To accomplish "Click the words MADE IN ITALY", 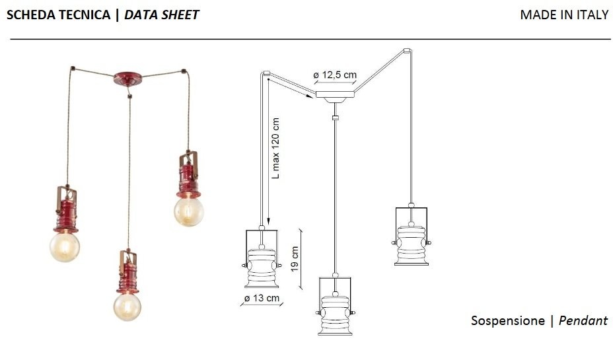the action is [x=564, y=15].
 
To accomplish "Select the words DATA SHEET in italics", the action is [x=161, y=15].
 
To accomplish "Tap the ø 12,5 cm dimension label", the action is [x=335, y=75].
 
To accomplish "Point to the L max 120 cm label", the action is [x=275, y=148].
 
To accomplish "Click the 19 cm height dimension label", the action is [x=295, y=259].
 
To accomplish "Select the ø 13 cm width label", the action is [x=262, y=299].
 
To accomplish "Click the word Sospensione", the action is [x=507, y=320].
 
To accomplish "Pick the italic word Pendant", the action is [x=583, y=320].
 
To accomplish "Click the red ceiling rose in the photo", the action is [x=128, y=79].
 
